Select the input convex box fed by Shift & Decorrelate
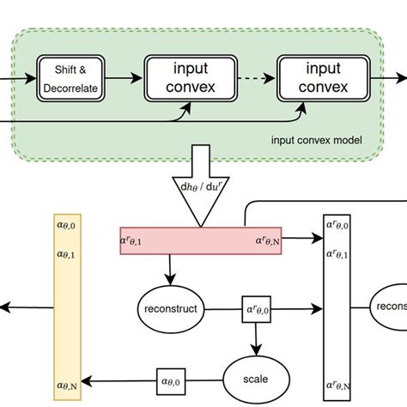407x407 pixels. point(190,79)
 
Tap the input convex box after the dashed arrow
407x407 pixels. point(324,79)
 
